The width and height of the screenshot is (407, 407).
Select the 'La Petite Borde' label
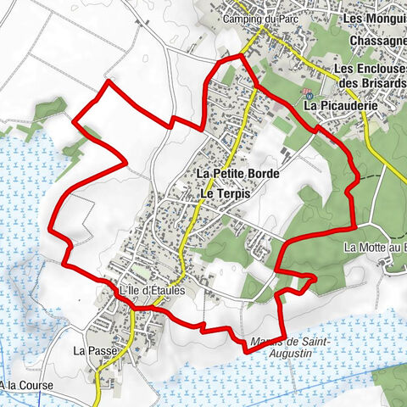(237, 174)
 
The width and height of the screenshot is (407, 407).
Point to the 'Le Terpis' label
(225, 193)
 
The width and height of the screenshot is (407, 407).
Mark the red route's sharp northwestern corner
(108, 82)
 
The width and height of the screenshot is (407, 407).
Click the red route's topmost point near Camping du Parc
(242, 56)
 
